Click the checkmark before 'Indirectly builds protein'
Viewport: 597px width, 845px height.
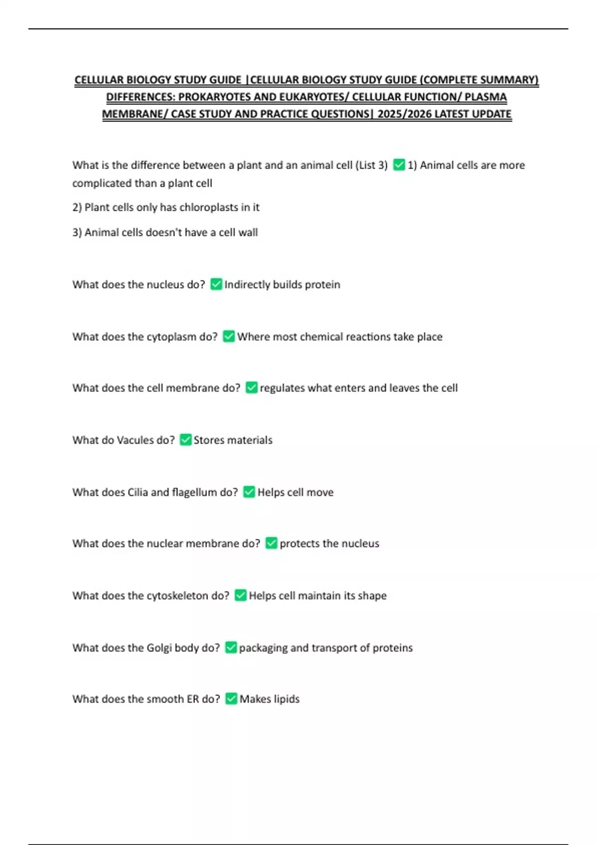(216, 284)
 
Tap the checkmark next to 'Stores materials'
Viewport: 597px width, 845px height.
(186, 440)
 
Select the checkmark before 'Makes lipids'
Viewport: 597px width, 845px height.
(231, 699)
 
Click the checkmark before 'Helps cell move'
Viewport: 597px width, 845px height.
(249, 492)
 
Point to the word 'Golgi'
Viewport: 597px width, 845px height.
(159, 648)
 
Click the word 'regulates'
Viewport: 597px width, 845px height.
(282, 388)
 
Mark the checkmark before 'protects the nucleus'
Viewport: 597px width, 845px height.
(271, 543)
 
